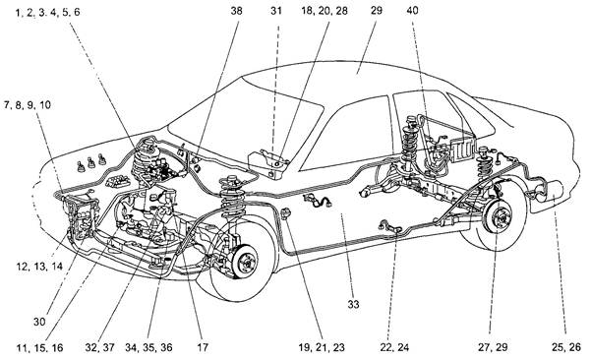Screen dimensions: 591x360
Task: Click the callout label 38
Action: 236,11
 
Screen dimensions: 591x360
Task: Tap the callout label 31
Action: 276,11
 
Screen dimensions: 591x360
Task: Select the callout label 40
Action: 412,11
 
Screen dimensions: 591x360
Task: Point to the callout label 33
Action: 353,304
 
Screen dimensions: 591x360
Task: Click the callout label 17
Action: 203,347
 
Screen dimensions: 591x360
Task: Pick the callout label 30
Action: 39,322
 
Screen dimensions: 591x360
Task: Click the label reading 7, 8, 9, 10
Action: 28,105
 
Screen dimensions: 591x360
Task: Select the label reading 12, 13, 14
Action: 39,267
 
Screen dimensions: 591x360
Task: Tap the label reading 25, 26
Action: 566,347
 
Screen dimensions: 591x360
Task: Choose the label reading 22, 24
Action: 394,347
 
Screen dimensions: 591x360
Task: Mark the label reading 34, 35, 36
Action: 148,347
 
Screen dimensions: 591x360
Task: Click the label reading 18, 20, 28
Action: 325,11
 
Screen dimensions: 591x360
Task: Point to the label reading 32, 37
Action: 99,347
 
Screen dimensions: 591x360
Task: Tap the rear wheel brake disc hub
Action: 500,218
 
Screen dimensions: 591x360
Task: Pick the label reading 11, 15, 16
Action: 39,347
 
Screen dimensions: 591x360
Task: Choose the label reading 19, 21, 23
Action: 322,347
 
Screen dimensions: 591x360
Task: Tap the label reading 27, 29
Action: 493,347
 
